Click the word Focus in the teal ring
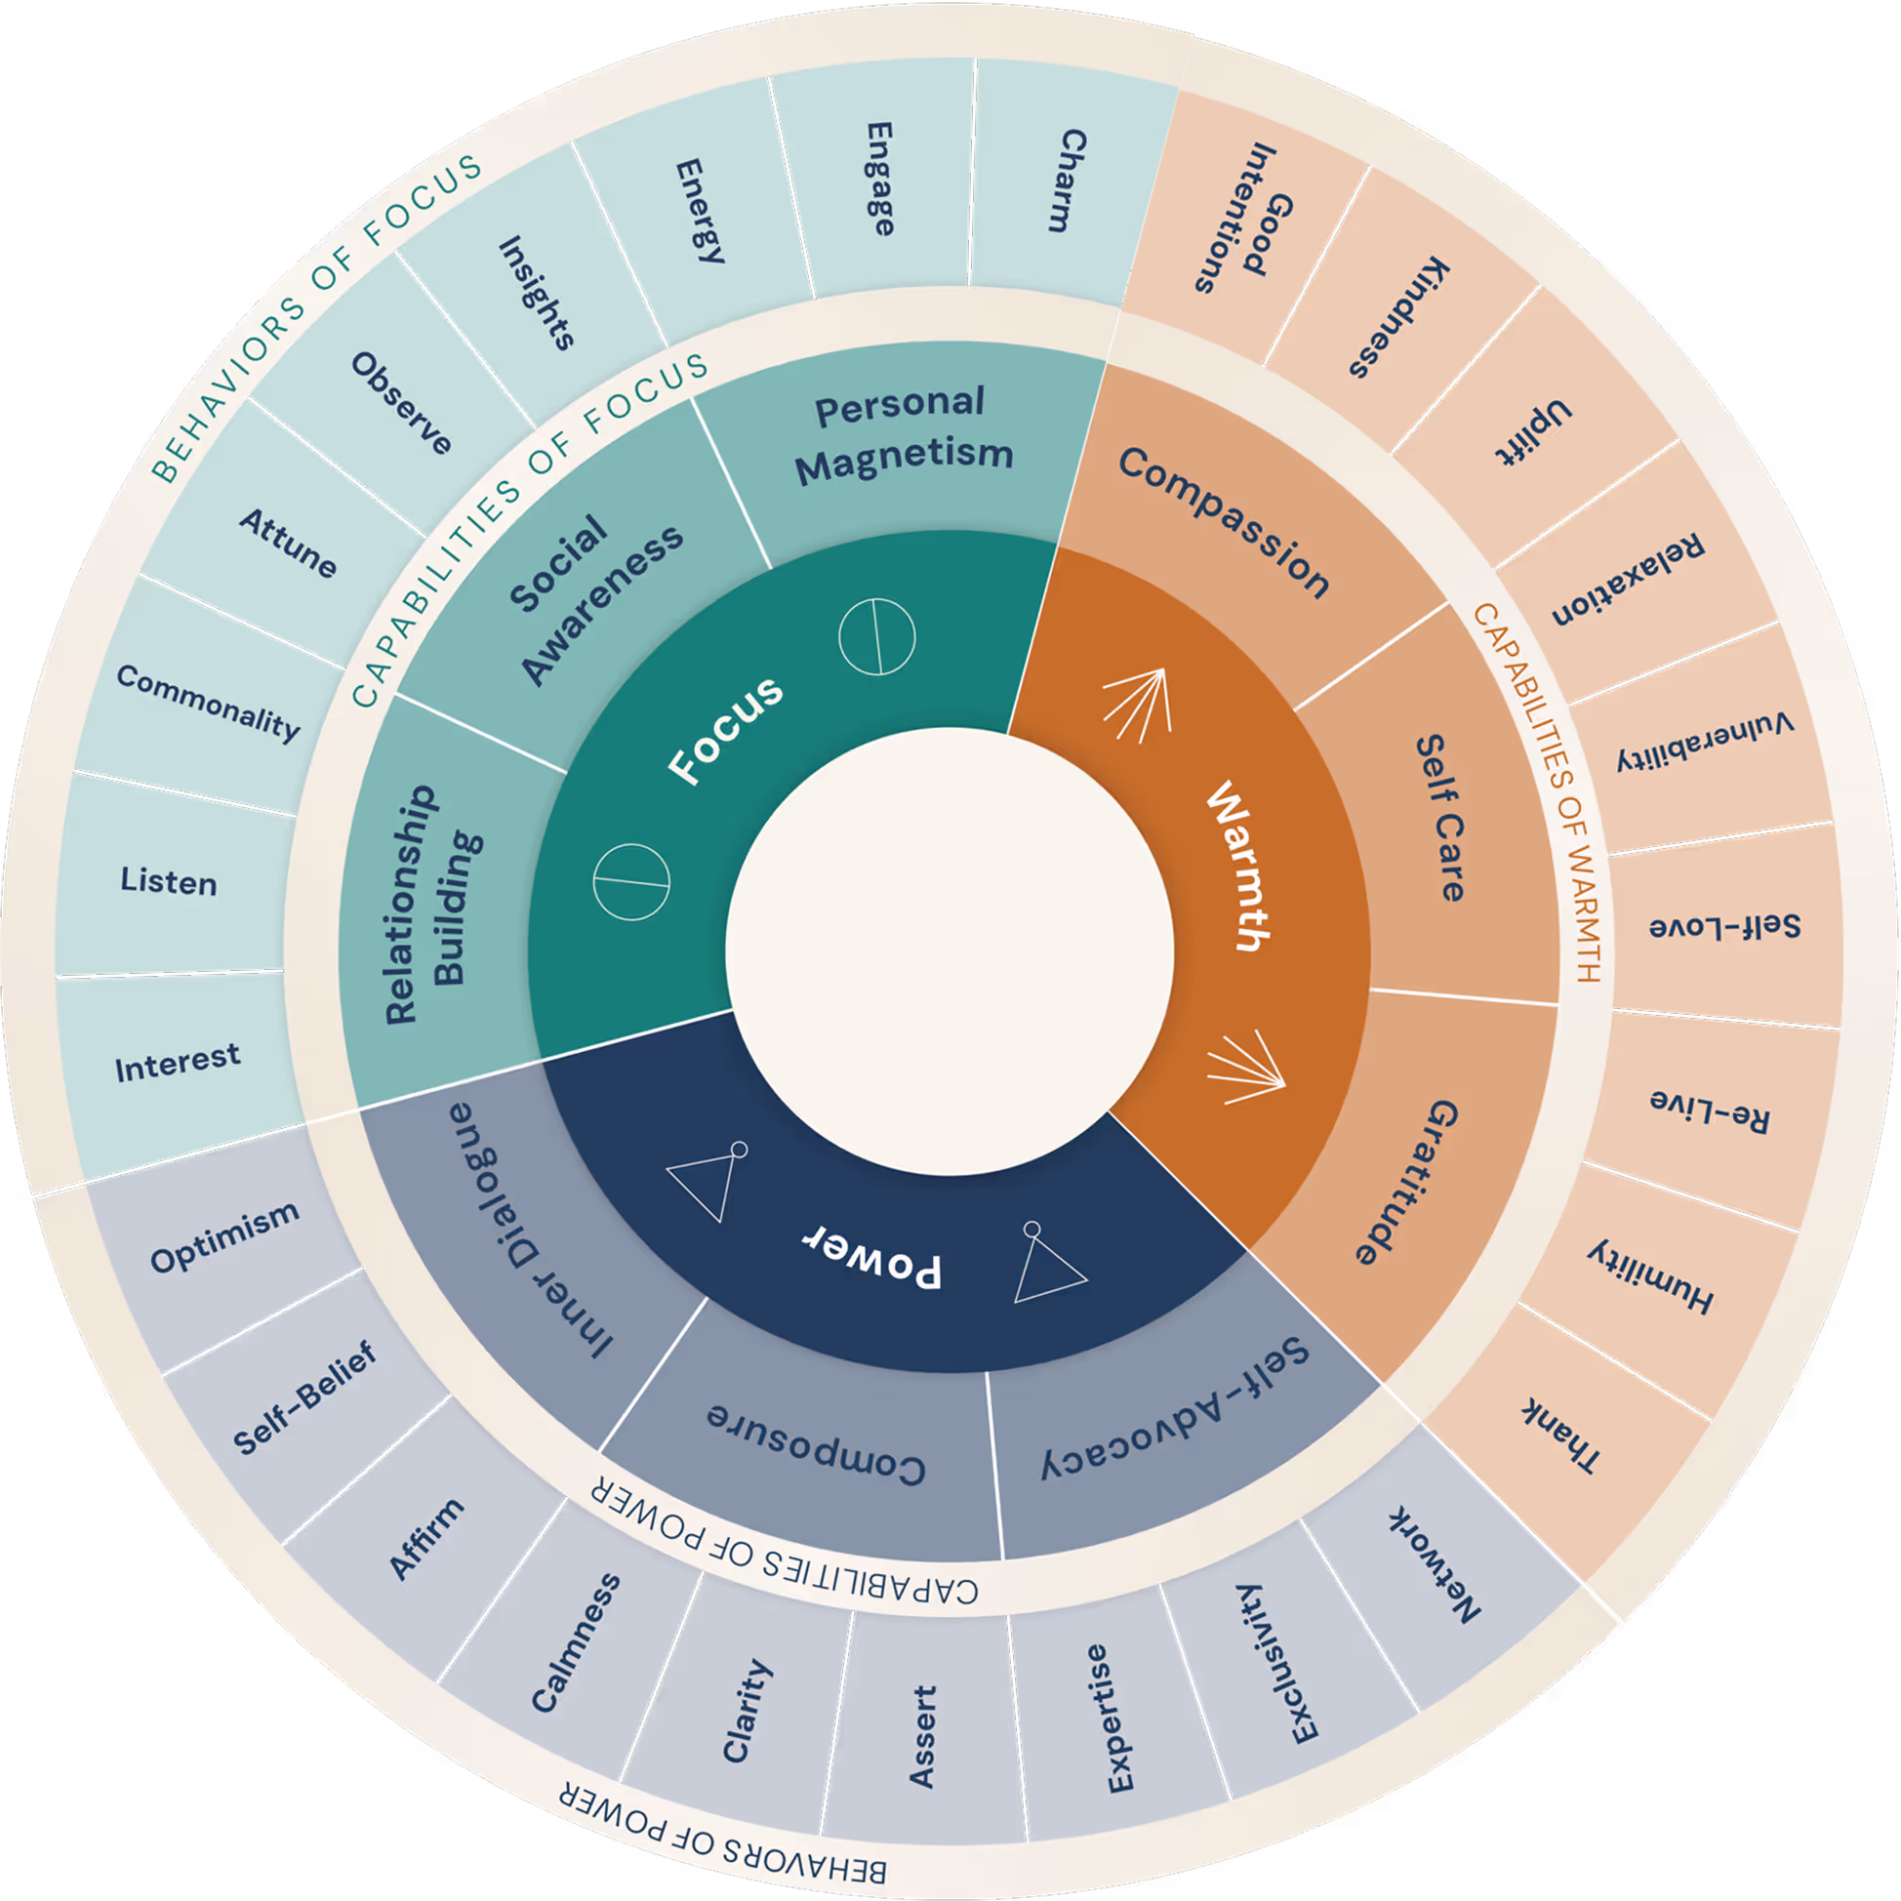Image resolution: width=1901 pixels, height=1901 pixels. pyautogui.click(x=725, y=730)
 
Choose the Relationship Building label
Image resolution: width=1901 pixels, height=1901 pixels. pyautogui.click(x=434, y=903)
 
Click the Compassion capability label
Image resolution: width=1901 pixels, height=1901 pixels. pyautogui.click(x=1224, y=521)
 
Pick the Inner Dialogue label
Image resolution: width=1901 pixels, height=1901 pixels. pyautogui.click(x=531, y=1231)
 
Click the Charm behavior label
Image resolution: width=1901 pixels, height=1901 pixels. pyautogui.click(x=1067, y=181)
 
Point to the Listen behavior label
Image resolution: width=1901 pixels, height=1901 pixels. pyautogui.click(x=168, y=880)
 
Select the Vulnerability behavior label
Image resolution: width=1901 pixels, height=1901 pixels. pyautogui.click(x=1704, y=742)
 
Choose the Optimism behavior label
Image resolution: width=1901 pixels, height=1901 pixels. pyautogui.click(x=224, y=1237)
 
